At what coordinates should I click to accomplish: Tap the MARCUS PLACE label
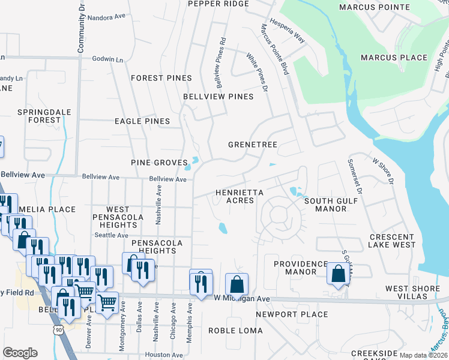point(394,58)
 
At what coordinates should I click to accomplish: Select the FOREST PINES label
point(161,78)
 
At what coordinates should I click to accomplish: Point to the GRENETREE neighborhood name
point(252,145)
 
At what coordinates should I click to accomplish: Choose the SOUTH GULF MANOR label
point(333,205)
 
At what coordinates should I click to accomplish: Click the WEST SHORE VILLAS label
point(412,292)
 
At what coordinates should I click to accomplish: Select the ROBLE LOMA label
point(235,331)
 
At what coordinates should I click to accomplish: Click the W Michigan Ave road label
point(241,298)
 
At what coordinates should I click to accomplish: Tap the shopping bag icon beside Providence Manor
point(337,273)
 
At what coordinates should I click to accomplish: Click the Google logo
point(19,353)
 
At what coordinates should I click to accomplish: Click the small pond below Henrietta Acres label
point(223,228)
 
